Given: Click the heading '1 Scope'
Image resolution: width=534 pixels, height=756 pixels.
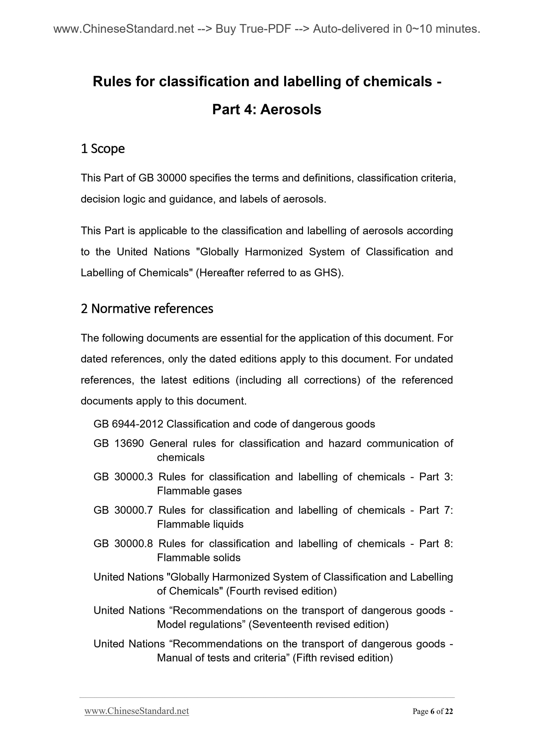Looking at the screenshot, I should pyautogui.click(x=103, y=149).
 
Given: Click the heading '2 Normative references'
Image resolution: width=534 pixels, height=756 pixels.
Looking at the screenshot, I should pyautogui.click(x=147, y=309).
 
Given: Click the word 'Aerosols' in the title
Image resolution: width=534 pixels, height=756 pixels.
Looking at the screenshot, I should pyautogui.click(x=291, y=109).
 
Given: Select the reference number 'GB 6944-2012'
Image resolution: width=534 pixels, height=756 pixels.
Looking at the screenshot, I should pyautogui.click(x=128, y=424).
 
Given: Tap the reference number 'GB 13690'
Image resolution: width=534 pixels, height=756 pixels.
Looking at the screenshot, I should pyautogui.click(x=119, y=443).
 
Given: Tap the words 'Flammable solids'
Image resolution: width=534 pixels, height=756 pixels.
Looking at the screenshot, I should pyautogui.click(x=198, y=557).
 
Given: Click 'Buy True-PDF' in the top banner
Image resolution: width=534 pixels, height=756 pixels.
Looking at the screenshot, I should pyautogui.click(x=253, y=29).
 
